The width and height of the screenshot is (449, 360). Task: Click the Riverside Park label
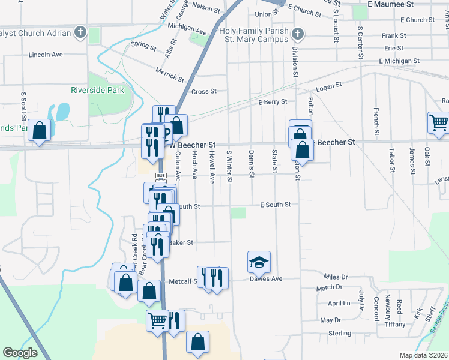(97, 90)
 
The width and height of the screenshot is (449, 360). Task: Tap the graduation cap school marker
(259, 262)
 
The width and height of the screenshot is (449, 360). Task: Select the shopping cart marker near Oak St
(439, 122)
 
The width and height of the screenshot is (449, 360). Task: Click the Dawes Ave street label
(266, 279)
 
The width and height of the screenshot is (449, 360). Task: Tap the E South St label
(275, 205)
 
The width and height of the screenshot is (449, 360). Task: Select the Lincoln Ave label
(46, 55)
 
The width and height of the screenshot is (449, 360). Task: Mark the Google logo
(20, 353)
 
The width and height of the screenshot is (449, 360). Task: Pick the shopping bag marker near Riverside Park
(39, 130)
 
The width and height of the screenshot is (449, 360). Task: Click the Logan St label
(328, 87)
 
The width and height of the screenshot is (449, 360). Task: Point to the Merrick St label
(169, 74)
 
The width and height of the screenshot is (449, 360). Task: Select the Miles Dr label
(336, 277)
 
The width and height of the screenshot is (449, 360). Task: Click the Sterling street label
(339, 333)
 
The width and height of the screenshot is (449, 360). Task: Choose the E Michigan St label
(399, 61)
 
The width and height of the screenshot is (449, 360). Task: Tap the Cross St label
(203, 92)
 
